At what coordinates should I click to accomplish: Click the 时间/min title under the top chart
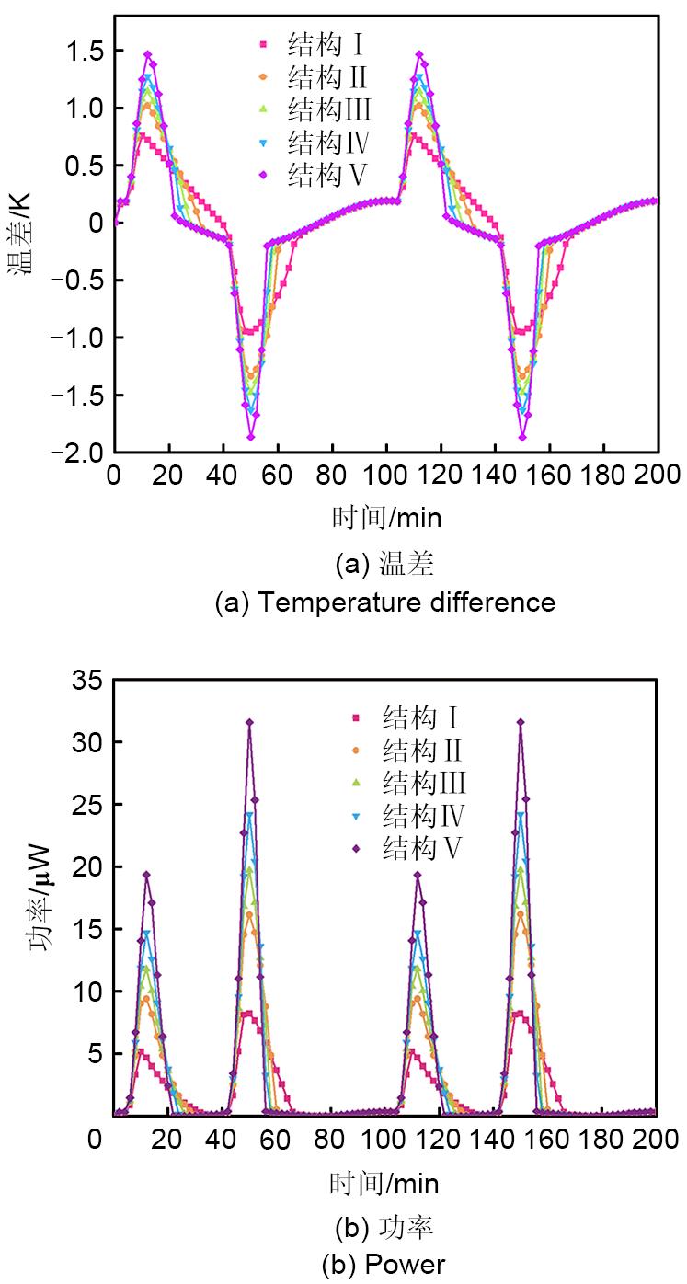pyautogui.click(x=386, y=518)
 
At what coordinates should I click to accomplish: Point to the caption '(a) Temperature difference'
pyautogui.click(x=384, y=602)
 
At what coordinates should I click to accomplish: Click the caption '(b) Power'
pyautogui.click(x=384, y=1265)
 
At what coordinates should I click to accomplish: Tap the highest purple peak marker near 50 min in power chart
pyautogui.click(x=249, y=722)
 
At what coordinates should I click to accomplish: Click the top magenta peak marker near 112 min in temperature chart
pyautogui.click(x=420, y=55)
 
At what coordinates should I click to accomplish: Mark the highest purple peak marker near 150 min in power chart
pyautogui.click(x=521, y=722)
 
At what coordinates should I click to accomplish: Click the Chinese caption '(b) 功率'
pyautogui.click(x=384, y=1227)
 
